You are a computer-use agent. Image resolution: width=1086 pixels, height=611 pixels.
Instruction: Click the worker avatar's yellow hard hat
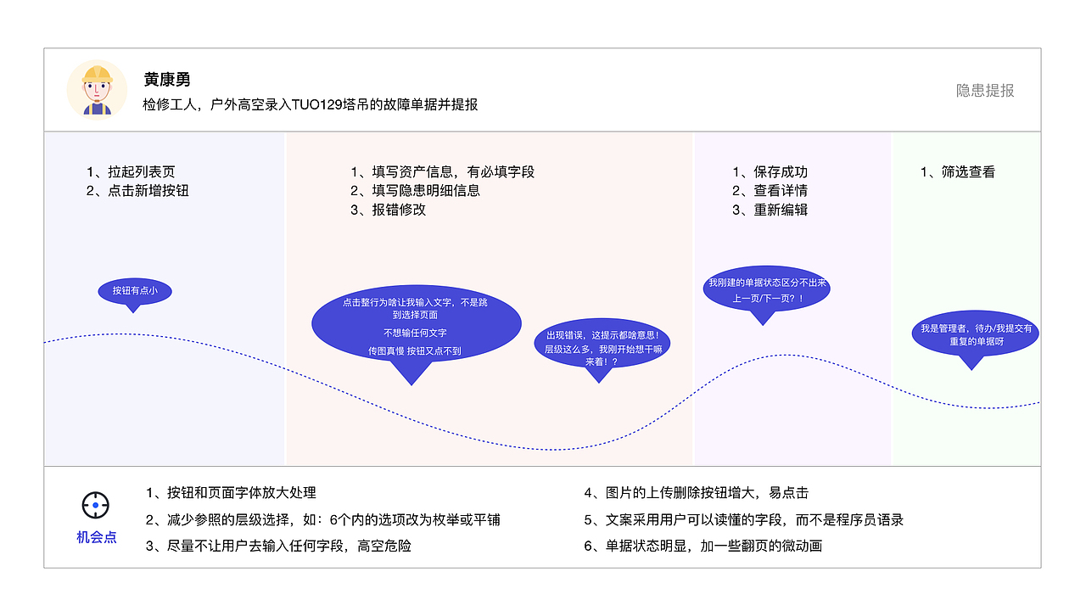[x=97, y=72]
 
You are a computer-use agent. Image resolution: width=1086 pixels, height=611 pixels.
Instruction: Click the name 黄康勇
[x=166, y=80]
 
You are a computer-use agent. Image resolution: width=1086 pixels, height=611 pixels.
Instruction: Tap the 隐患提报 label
[x=985, y=91]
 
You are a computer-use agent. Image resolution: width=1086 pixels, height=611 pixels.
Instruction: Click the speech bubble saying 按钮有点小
[x=135, y=291]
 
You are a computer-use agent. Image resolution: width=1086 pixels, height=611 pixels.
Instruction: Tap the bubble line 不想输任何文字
[x=415, y=333]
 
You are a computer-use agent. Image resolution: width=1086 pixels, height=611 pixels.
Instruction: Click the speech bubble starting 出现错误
[x=602, y=348]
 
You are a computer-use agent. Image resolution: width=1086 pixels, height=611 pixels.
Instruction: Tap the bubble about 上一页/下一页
[x=767, y=290]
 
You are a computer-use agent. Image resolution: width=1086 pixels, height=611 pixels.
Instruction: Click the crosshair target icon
[x=96, y=506]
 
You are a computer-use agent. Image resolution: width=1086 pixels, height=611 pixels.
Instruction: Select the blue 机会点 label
[x=97, y=537]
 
